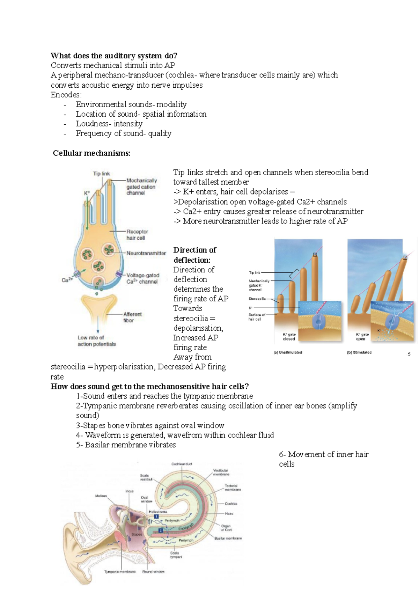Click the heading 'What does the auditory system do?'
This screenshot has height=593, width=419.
click(114, 56)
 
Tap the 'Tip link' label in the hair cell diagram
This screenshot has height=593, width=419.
click(101, 174)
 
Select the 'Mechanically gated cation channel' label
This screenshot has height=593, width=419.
click(141, 186)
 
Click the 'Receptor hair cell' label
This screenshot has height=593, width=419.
click(137, 235)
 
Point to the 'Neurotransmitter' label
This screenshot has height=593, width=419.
click(146, 253)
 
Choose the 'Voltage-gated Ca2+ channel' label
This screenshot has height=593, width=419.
click(142, 278)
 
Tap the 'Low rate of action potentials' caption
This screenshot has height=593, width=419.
click(96, 341)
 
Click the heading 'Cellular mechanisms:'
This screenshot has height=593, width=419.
click(91, 153)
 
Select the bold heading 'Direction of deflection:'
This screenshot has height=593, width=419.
click(194, 255)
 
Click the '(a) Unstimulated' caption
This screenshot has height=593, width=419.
click(288, 352)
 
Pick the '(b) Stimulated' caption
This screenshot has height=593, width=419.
click(359, 352)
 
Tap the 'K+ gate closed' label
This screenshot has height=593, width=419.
click(289, 337)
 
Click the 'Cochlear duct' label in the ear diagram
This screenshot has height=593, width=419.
click(182, 464)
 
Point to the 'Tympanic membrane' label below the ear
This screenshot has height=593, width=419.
click(120, 572)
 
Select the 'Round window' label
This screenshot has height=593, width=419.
click(153, 572)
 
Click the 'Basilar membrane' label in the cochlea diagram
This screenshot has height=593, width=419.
click(228, 538)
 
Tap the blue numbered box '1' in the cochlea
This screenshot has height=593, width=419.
click(156, 517)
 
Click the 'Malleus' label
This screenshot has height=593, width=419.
click(101, 496)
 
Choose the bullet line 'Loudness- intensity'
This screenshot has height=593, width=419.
click(109, 124)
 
